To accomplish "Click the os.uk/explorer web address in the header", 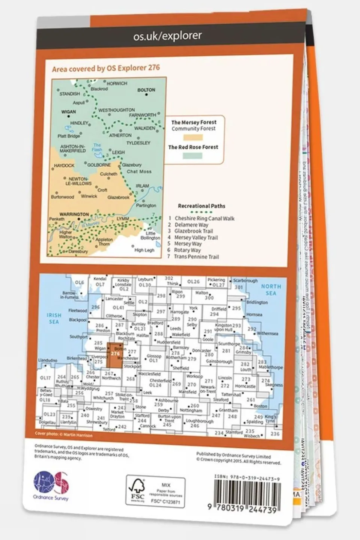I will pos(167,36).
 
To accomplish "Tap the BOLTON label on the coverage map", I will pos(146,90).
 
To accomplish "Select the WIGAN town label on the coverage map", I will pos(68,111).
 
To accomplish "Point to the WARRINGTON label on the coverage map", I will pos(74,214).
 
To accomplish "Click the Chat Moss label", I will pos(139,171).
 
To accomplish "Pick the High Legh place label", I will pos(144,250).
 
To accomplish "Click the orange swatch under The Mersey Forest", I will pos(193,137).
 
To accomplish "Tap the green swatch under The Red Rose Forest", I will pos(193,156).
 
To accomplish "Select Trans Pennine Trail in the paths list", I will pos(196,257).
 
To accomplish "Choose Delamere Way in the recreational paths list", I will pos(191,225).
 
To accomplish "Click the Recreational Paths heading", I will pos(202,206).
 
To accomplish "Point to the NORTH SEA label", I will pos(271,290).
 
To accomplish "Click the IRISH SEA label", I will pos(54,319).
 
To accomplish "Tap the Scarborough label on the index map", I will pos(245,280).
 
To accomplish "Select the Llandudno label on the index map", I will pos(47,360).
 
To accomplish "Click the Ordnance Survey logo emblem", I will pos(51,481).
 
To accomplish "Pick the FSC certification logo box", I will pos(155,491).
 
